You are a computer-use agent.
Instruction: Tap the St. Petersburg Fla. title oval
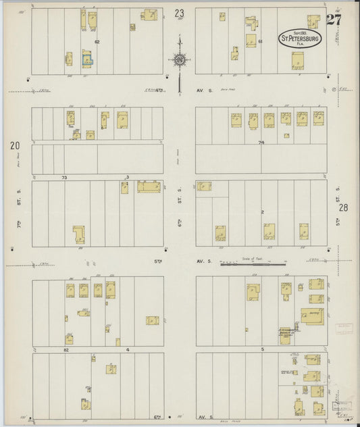pos(300,39)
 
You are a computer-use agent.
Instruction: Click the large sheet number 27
pos(333,19)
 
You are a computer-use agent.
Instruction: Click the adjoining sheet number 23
pos(179,13)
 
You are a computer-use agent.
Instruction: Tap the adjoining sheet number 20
pos(14,145)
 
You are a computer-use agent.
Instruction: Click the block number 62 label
pos(97,42)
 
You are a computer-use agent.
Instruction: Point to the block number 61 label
pos(260,42)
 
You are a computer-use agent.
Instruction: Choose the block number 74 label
pos(261,143)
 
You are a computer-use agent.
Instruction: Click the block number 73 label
pos(65,177)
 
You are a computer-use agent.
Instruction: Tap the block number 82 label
pos(66,350)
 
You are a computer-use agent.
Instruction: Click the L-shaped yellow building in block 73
pos(80,234)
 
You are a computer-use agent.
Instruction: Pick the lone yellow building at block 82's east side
pos(152,320)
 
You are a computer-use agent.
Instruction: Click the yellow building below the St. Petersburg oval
pos(298,61)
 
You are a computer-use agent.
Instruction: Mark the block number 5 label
pos(261,349)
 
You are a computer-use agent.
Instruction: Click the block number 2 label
pos(262,211)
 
